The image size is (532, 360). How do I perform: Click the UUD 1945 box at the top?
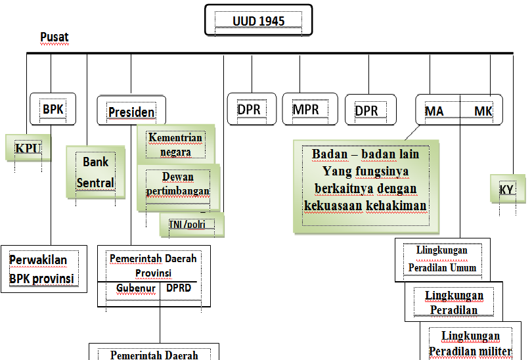click(x=258, y=21)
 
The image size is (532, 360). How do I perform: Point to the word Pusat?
click(x=55, y=37)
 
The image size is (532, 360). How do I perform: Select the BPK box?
click(x=53, y=109)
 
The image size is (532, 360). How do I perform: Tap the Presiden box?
click(x=131, y=112)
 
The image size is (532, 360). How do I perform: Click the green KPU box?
click(x=28, y=148)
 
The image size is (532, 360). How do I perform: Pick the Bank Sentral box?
click(x=96, y=172)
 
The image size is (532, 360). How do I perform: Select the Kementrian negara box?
click(x=175, y=145)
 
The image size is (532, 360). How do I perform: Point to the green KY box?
click(x=506, y=191)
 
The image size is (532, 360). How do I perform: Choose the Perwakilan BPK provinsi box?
click(x=43, y=269)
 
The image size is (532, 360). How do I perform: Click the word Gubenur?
click(x=136, y=288)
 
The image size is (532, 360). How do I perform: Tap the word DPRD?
click(x=179, y=288)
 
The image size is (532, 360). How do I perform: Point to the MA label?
click(x=434, y=111)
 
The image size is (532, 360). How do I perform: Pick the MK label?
click(x=484, y=111)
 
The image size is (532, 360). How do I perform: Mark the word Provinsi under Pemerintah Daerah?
click(x=153, y=273)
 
